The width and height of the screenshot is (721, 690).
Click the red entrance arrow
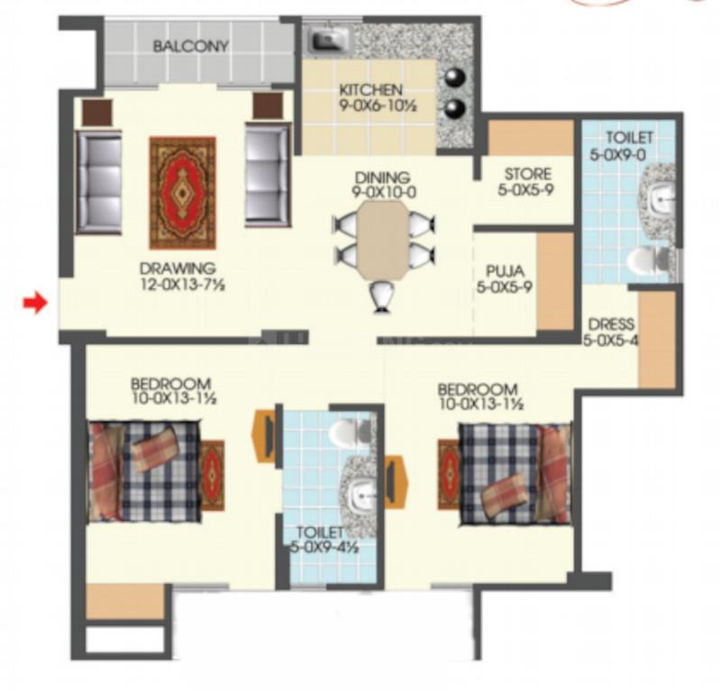pyautogui.click(x=36, y=303)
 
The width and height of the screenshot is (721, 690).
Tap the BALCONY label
pyautogui.click(x=191, y=47)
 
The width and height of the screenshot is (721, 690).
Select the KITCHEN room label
pyautogui.click(x=370, y=90)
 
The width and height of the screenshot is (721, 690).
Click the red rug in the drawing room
pyautogui.click(x=183, y=193)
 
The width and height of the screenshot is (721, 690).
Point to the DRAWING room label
pyautogui.click(x=178, y=268)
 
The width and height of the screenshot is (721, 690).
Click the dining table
pyautogui.click(x=383, y=240)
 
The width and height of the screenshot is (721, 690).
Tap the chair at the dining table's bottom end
pyautogui.click(x=382, y=296)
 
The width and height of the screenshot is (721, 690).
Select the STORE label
pyautogui.click(x=528, y=174)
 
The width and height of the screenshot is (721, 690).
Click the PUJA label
pyautogui.click(x=505, y=271)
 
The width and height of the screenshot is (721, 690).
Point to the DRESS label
pyautogui.click(x=611, y=324)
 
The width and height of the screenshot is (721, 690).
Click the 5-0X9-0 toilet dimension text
pyautogui.click(x=617, y=155)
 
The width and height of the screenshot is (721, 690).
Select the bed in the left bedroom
pyautogui.click(x=144, y=471)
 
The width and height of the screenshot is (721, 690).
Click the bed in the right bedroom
pyautogui.click(x=515, y=474)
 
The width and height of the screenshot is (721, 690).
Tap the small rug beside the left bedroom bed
pyautogui.click(x=213, y=476)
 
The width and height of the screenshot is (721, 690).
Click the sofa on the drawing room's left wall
pyautogui.click(x=99, y=182)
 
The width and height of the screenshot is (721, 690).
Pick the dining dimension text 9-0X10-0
pyautogui.click(x=384, y=192)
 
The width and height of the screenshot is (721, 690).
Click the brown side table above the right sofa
pyautogui.click(x=268, y=106)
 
